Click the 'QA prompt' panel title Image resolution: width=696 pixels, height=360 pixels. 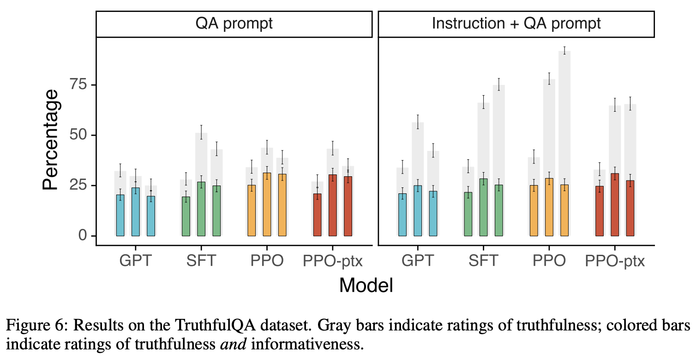coord(234,24)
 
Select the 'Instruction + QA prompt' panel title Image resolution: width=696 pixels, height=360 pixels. coord(516,24)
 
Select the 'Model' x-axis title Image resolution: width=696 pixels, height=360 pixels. coord(366,285)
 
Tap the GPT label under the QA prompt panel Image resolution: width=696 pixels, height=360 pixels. coord(136,261)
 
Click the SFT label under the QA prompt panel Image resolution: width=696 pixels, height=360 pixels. coord(201,261)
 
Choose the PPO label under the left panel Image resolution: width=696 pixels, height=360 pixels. coord(267,261)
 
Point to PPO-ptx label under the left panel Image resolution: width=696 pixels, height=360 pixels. coord(333,261)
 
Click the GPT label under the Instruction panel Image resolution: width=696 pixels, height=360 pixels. coord(418,261)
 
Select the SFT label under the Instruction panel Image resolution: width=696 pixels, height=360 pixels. coord(483,261)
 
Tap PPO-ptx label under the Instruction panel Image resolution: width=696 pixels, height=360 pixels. coord(615,261)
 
